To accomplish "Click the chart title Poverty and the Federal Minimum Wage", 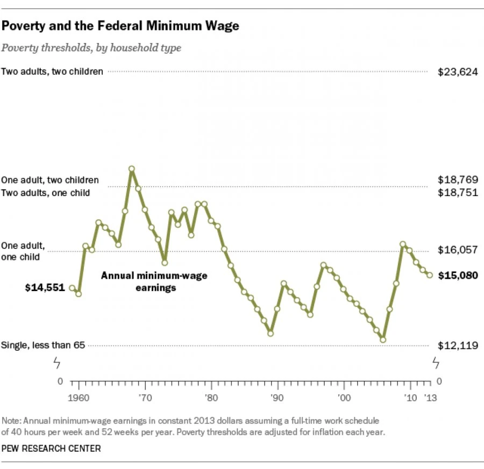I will point(120,25).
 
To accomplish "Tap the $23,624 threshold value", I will point(458,72).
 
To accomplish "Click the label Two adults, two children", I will point(52,71).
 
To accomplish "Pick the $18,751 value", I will point(458,193).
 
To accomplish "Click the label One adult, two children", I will point(50,181).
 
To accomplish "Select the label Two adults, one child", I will point(46,192).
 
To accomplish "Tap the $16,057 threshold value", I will point(458,250).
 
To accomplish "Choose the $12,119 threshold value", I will point(458,345).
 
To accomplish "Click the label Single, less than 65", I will point(44,345).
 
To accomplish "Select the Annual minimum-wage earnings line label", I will point(154,282).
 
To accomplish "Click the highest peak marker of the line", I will point(131,169).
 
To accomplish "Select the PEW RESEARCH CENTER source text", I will point(51,447).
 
